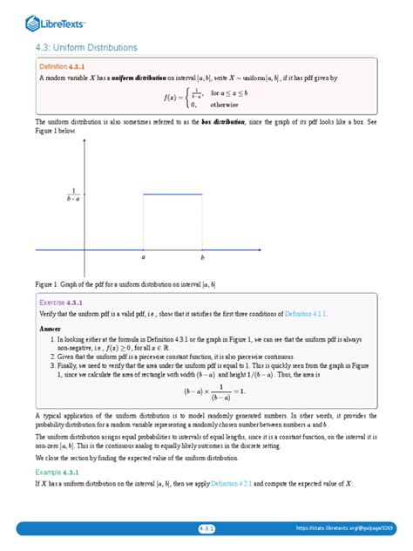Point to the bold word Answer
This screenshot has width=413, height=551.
[51, 329]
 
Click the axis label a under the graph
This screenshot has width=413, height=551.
[143, 259]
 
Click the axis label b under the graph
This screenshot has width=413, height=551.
[202, 259]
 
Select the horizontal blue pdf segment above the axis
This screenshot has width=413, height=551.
[173, 194]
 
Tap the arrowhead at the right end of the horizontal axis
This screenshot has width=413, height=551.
[261, 250]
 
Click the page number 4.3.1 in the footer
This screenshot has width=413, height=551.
[206, 528]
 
